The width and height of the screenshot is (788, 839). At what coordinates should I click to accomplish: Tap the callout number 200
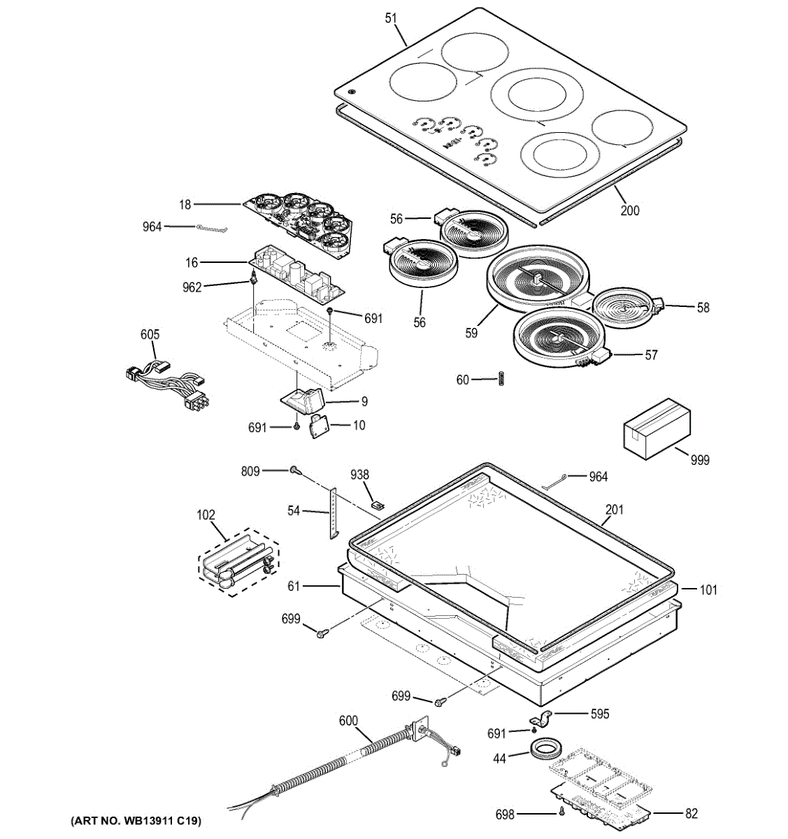coord(630,210)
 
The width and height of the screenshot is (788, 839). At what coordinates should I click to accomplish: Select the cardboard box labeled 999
coord(657,427)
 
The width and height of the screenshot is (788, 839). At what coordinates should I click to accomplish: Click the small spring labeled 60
coord(501,379)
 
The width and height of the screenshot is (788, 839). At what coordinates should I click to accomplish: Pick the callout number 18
coord(185,205)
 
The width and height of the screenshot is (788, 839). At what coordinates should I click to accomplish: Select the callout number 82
coord(692,813)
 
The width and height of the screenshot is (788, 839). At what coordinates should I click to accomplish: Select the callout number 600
coord(348,721)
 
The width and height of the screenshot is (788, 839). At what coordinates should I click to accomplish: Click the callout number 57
coord(651,355)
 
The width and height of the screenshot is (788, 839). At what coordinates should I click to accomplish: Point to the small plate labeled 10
coord(320,424)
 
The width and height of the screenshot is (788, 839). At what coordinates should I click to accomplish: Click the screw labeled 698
coord(562,812)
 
